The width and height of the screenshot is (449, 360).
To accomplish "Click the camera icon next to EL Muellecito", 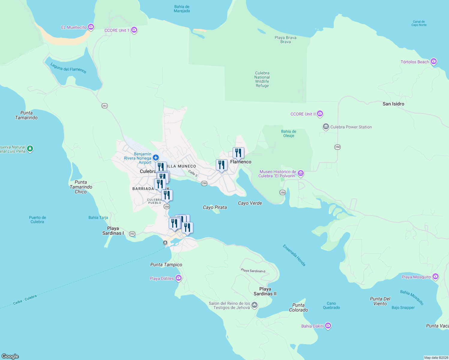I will tap(91, 27).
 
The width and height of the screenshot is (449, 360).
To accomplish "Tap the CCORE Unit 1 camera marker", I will tap(134, 30).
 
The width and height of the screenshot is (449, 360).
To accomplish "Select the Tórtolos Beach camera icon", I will tap(433, 61).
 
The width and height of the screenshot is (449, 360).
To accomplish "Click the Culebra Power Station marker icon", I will tap(326, 127).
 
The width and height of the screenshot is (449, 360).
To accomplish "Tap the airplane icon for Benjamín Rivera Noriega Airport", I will tap(155, 157).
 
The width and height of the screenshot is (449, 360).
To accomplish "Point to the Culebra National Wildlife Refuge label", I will tap(262, 79).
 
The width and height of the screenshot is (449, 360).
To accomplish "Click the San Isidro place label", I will tap(393, 104).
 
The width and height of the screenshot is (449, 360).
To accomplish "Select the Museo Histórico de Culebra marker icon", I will tap(301, 173).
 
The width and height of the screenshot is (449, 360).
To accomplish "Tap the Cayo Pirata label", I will tap(215, 207).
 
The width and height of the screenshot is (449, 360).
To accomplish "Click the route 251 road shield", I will tap(104, 106).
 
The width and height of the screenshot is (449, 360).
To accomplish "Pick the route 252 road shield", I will tap(132, 234).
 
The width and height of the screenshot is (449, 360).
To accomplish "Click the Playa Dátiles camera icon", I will tap(179, 278).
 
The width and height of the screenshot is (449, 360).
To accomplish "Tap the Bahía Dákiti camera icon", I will tap(328, 326).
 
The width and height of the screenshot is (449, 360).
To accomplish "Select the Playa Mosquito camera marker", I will tap(435, 277).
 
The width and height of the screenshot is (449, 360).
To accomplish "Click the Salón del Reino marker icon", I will tap(255, 305).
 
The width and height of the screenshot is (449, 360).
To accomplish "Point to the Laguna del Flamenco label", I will tap(68, 68).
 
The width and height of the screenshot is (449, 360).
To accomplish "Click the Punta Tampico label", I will tap(166, 265).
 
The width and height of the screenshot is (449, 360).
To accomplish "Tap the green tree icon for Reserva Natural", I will tap(30, 149).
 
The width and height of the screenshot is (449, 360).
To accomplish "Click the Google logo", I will tap(10, 356).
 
